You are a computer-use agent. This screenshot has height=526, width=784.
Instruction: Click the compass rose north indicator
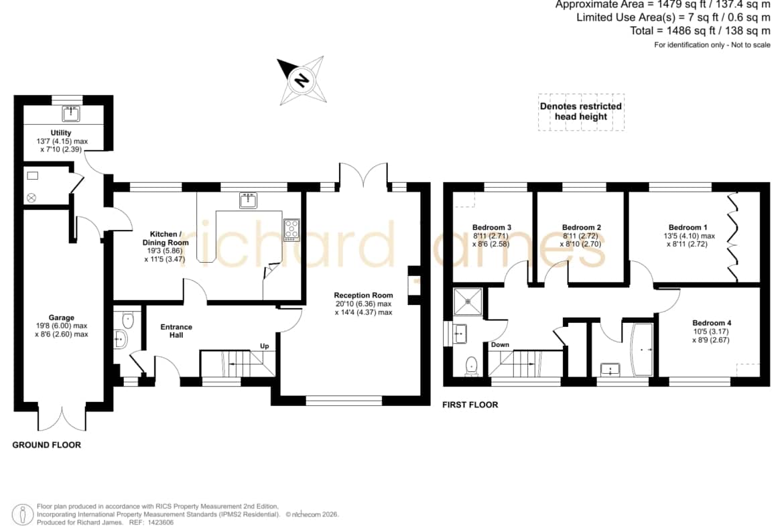(x=302, y=80)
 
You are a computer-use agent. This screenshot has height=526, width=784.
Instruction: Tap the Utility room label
(x=61, y=133)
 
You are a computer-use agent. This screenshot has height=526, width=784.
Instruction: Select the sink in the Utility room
(x=71, y=113)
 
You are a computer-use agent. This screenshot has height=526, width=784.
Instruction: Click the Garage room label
(x=62, y=318)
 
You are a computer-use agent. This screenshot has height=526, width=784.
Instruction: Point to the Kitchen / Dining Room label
(x=166, y=238)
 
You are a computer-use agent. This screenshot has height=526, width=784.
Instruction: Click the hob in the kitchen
(x=291, y=230)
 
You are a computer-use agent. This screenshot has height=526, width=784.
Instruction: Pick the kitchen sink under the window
(x=248, y=200)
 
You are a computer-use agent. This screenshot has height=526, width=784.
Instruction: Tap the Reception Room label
(x=363, y=295)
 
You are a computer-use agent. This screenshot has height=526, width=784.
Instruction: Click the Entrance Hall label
(x=176, y=331)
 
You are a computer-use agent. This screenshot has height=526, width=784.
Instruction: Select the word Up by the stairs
(x=265, y=346)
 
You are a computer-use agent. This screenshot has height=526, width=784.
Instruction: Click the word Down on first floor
(x=500, y=344)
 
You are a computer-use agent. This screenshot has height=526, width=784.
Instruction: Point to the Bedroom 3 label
(x=491, y=227)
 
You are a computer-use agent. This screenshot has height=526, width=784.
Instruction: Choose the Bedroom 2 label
(x=582, y=227)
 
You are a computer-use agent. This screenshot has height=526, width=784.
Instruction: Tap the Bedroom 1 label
(x=688, y=227)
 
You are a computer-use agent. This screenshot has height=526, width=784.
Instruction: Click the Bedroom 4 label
(x=712, y=323)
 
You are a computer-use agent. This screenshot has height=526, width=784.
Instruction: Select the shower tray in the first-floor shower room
(x=468, y=302)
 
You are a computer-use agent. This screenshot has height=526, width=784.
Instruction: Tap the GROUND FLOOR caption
(x=46, y=445)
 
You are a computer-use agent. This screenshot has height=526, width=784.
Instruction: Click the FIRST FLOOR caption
(x=470, y=405)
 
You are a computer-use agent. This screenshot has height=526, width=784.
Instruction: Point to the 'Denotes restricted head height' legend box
(x=581, y=112)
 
